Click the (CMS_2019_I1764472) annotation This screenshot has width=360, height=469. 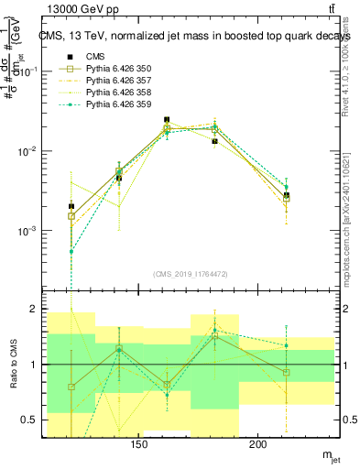coord(191,272)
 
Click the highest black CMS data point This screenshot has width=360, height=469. coord(167,120)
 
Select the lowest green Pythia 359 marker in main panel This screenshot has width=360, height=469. coord(71,251)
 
